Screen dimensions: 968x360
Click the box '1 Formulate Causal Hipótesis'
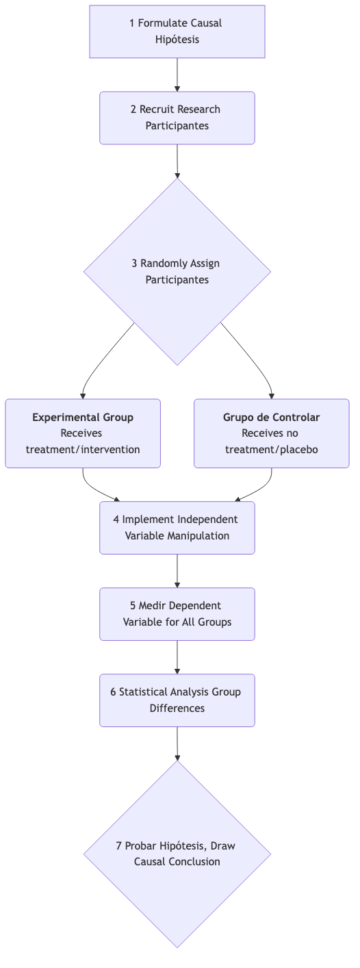tap(177, 31)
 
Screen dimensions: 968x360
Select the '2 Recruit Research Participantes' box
tap(177, 118)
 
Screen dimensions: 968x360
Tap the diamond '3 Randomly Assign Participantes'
tap(177, 272)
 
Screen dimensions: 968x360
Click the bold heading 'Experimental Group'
tap(83, 417)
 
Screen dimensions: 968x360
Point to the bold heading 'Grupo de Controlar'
tap(271, 417)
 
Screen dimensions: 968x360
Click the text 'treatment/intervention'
tap(83, 449)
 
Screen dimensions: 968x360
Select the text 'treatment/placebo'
tap(271, 449)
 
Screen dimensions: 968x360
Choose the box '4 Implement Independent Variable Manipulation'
tap(177, 527)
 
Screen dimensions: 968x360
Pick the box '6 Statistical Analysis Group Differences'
tap(177, 700)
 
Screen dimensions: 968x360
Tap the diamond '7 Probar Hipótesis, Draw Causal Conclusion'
tap(177, 854)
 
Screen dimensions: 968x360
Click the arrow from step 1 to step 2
tap(177, 75)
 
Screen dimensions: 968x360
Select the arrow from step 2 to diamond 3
tap(177, 161)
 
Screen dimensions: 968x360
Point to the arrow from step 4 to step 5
tap(177, 570)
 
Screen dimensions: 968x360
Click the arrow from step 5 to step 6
tap(177, 657)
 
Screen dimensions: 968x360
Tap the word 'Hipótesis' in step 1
tap(177, 40)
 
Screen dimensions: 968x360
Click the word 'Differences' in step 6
tap(177, 709)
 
